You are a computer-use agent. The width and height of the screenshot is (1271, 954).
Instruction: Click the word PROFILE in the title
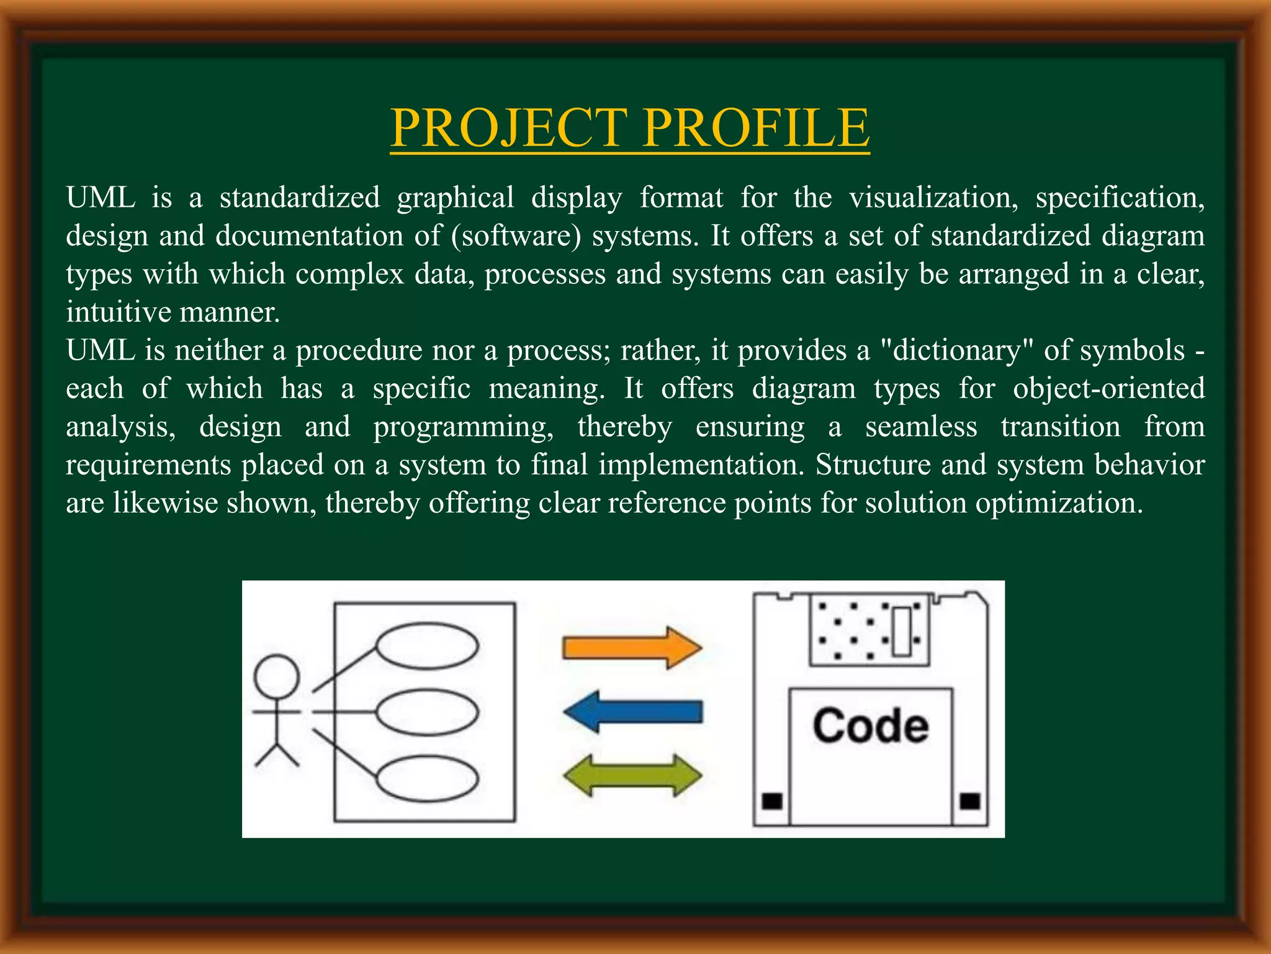click(756, 127)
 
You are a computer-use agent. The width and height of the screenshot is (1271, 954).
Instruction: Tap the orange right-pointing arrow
click(632, 647)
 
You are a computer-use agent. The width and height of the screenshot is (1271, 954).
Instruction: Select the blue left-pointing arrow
click(633, 711)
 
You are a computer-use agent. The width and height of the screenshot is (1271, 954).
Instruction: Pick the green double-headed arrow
click(632, 776)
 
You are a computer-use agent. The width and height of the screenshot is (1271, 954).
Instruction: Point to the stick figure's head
click(277, 676)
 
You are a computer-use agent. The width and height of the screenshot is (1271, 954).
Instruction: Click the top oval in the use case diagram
click(428, 645)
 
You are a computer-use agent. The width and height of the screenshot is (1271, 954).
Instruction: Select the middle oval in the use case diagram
click(428, 712)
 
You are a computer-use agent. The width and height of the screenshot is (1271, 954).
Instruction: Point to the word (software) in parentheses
click(516, 236)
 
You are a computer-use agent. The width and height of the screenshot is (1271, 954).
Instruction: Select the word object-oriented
click(1108, 389)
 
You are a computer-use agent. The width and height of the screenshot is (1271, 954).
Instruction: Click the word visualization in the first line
click(933, 198)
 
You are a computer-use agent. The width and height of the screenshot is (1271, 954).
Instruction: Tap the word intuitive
click(119, 312)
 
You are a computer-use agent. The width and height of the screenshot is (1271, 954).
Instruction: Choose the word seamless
click(921, 427)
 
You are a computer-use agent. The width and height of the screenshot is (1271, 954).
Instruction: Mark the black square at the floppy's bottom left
click(772, 801)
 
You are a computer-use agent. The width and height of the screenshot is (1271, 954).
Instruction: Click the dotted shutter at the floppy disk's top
click(869, 630)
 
